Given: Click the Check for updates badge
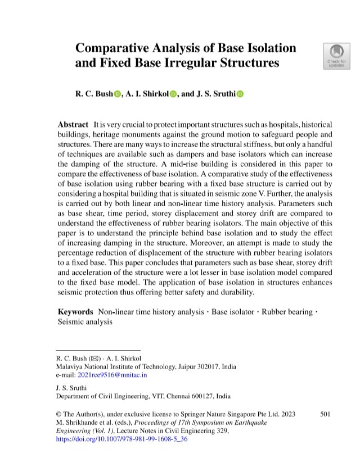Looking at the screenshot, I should [336, 55].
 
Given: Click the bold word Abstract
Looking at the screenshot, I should [73, 124].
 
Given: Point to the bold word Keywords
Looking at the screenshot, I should [75, 311].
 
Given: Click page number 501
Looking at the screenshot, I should [325, 414].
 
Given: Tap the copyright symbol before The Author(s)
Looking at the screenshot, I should [60, 414].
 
